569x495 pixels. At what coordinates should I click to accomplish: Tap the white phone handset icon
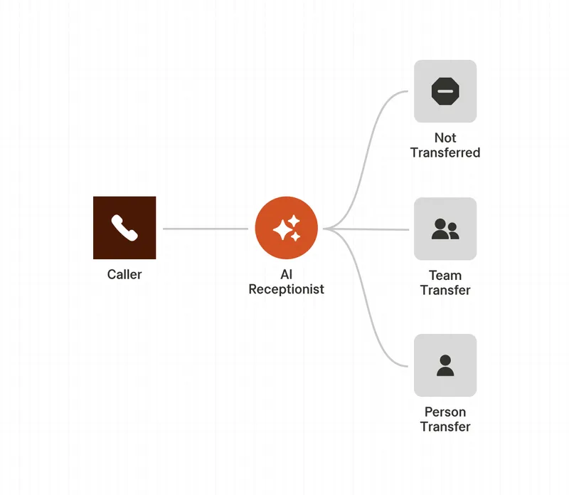point(124,228)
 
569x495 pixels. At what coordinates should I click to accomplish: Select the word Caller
point(124,274)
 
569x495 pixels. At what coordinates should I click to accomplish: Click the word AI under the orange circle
point(286,275)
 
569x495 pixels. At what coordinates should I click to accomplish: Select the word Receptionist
point(286,290)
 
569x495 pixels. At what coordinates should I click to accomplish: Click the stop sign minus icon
point(445,91)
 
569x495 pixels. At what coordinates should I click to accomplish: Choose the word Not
point(445,137)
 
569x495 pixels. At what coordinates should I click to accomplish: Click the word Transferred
point(445,152)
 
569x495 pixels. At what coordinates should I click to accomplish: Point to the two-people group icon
point(445,229)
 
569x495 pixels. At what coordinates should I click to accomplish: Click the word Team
point(445,275)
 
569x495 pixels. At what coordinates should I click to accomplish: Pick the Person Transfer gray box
point(445,349)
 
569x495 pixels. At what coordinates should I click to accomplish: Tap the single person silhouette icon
point(445,365)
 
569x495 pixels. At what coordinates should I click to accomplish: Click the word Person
point(445,412)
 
